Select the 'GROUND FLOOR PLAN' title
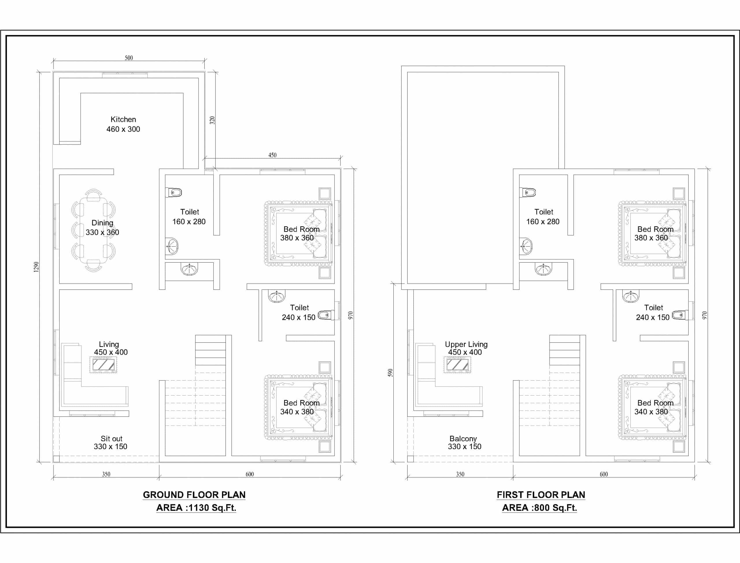pos(194,495)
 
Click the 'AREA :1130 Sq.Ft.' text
pos(196,508)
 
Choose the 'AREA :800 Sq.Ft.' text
pos(539,508)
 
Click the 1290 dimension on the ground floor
pos(36,267)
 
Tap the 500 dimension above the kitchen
pos(129,58)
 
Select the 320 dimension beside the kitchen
pos(212,120)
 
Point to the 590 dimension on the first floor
pos(390,373)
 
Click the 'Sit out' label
pos(112,439)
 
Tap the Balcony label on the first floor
pos(463,439)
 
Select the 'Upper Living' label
pos(466,344)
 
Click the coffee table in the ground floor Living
pos(103,365)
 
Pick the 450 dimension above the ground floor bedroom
pos(272,155)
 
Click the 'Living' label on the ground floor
pos(109,344)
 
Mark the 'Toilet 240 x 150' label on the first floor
pos(653,312)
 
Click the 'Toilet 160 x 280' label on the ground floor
pos(189,217)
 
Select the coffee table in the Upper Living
pos(457,365)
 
